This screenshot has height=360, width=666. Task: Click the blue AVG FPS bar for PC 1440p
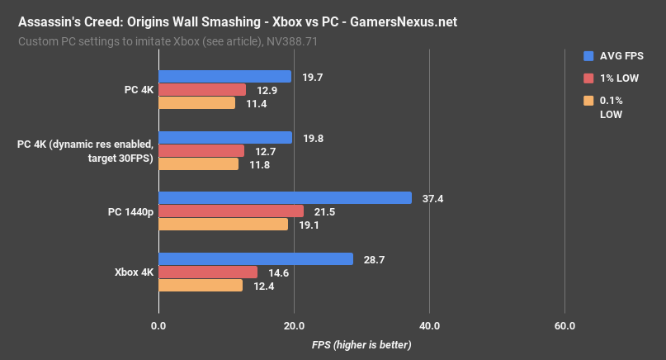pos(285,198)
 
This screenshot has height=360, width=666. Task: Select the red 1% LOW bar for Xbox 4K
pos(207,272)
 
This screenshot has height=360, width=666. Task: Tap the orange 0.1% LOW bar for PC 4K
pos(196,103)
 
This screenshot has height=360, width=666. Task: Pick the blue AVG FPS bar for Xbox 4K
pos(255,258)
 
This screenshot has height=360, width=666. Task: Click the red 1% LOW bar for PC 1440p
pos(230,211)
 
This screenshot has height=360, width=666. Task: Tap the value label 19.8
pos(312,138)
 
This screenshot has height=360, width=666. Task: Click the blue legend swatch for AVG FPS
pos(588,56)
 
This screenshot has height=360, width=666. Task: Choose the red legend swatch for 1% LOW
pos(588,78)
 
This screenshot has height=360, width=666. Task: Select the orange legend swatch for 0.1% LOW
pos(588,101)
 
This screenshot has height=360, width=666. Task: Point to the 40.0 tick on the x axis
pos(428,325)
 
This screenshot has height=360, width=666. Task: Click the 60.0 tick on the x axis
pos(564,325)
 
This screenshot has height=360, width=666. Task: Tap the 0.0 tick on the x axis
pos(158,325)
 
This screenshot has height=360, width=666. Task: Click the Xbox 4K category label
pos(130,272)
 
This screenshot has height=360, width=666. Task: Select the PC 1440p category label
pos(130,211)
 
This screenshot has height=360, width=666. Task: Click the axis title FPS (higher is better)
pos(361,343)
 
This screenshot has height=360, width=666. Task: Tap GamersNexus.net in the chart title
pos(397,22)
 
